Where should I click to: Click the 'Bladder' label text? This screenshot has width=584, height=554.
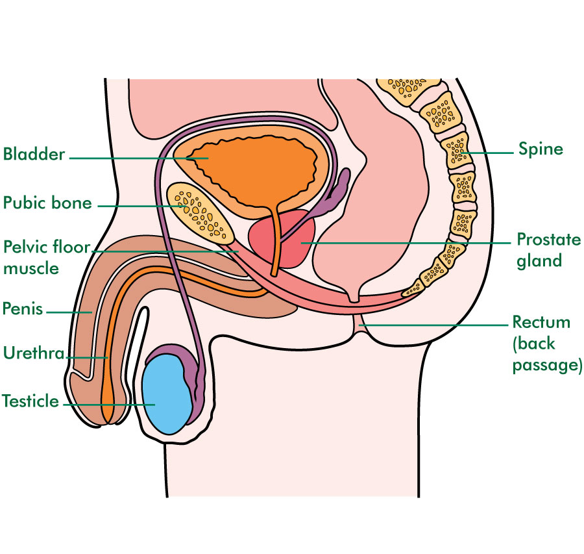(34, 155)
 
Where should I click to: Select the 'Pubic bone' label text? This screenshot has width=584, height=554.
(47, 203)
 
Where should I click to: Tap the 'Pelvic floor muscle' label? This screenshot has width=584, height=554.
(47, 258)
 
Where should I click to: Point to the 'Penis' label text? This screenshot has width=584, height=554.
(23, 308)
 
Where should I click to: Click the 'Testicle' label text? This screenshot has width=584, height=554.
(30, 401)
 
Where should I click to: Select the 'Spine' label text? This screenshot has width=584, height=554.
(541, 149)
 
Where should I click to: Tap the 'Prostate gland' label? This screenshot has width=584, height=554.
(548, 250)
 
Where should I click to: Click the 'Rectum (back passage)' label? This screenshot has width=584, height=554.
(547, 344)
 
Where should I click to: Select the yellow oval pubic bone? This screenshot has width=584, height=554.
(200, 214)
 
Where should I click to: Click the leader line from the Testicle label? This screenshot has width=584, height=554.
(109, 404)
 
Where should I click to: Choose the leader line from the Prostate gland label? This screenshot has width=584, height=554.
(406, 243)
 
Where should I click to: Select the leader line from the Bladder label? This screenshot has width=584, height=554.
(139, 158)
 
